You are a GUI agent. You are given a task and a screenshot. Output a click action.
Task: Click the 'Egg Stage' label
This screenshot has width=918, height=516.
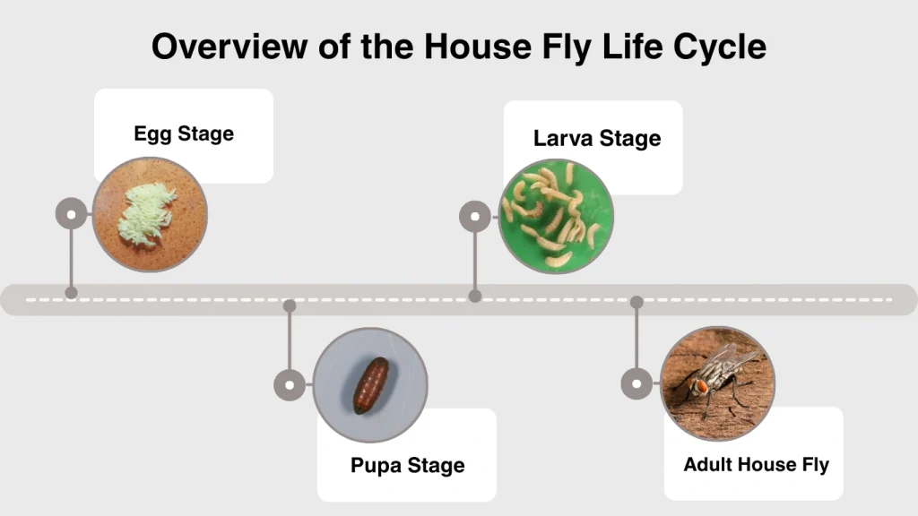pyautogui.click(x=184, y=134)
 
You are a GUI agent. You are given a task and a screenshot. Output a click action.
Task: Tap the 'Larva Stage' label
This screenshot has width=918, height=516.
pyautogui.click(x=597, y=139)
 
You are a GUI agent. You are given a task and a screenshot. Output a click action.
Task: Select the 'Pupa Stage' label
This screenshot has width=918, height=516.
pyautogui.click(x=408, y=466)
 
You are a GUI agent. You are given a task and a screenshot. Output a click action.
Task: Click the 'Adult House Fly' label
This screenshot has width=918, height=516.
pyautogui.click(x=756, y=465)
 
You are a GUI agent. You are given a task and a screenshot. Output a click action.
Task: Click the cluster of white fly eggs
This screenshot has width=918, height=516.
pyautogui.click(x=147, y=214)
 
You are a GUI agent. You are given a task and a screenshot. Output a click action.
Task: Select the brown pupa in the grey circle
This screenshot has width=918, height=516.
pyautogui.click(x=370, y=385)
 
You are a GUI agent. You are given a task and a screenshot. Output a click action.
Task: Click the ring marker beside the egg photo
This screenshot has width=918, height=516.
pyautogui.click(x=72, y=214)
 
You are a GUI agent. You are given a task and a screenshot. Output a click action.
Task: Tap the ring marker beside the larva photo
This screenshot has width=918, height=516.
pyautogui.click(x=475, y=216)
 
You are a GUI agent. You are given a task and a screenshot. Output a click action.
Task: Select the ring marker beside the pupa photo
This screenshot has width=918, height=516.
pyautogui.click(x=290, y=385)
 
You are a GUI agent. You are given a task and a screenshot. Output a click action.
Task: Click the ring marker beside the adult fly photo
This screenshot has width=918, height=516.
pyautogui.click(x=637, y=384)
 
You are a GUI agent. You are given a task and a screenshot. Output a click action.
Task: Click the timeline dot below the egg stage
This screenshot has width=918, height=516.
pyautogui.click(x=72, y=292)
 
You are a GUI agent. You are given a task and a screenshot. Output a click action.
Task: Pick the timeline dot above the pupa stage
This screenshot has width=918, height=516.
pyautogui.click(x=290, y=305)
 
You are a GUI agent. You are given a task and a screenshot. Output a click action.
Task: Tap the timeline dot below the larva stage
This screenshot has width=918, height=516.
pyautogui.click(x=475, y=296)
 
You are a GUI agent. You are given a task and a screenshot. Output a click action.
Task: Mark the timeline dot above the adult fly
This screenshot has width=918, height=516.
pyautogui.click(x=637, y=302)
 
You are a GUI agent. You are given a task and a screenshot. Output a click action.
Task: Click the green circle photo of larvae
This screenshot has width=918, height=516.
pyautogui.click(x=556, y=216)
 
